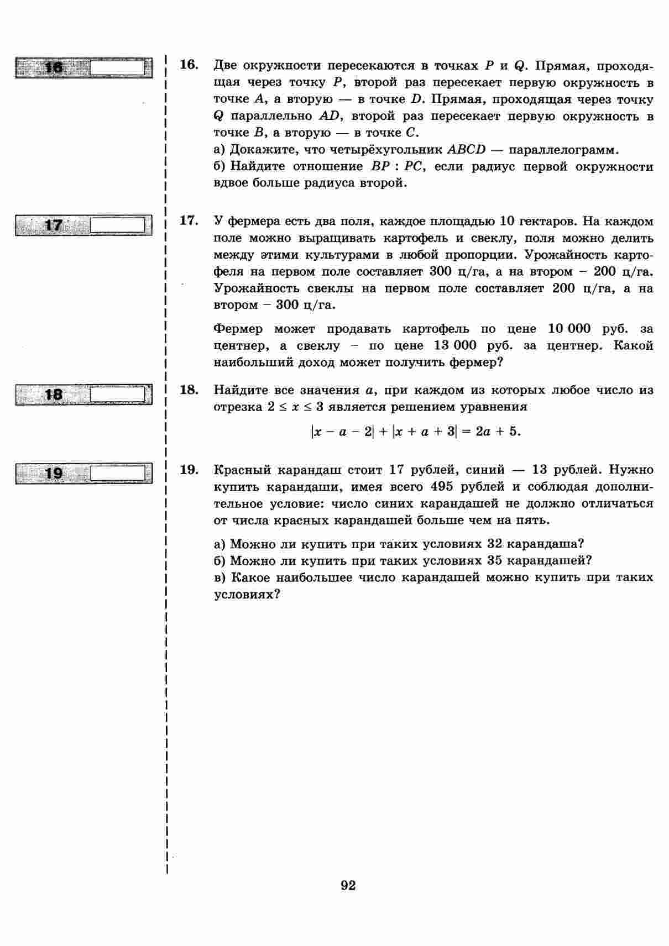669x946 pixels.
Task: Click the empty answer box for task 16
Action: [117, 67]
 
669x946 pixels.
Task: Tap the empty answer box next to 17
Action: [117, 225]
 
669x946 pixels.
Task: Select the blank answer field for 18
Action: [117, 395]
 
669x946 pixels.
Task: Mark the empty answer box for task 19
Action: [117, 474]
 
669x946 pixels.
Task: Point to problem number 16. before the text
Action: [189, 65]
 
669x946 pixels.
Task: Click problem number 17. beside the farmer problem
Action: [189, 221]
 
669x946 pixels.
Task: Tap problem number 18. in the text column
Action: [189, 390]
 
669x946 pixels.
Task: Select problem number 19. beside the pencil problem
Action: [189, 470]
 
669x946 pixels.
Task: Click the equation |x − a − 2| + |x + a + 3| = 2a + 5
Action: [416, 431]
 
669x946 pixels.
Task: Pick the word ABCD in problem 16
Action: [466, 150]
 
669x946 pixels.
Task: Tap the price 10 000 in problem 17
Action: [569, 329]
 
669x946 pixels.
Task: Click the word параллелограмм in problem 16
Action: [563, 150]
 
